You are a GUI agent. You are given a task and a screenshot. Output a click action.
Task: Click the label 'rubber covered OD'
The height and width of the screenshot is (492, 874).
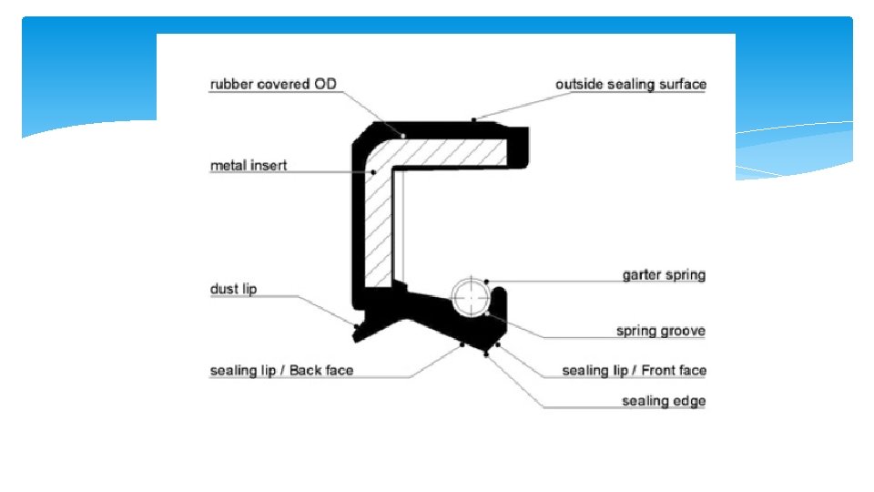tap(273, 85)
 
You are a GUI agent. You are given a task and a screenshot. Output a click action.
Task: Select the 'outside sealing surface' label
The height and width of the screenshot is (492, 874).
tap(630, 85)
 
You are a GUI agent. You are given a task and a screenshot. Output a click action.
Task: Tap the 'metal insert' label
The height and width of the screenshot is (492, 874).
tap(249, 166)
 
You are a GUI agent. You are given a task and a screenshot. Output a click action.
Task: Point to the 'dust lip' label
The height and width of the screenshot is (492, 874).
tap(233, 290)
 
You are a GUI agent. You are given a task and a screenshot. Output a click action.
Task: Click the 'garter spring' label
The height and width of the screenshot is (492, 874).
tap(664, 274)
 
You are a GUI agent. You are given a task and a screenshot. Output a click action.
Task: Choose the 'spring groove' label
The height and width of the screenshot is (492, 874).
tap(660, 331)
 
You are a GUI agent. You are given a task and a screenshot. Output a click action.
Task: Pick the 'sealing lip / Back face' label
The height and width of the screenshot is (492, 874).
tap(281, 371)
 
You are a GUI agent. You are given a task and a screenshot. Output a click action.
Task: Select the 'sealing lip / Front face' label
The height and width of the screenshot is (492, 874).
tap(634, 371)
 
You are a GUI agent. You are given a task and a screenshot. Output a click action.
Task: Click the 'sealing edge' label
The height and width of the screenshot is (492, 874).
tap(664, 401)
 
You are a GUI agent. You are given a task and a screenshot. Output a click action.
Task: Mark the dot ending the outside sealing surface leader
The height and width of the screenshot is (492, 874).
tap(473, 119)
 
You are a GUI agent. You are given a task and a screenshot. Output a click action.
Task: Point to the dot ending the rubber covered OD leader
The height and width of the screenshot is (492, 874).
tap(401, 134)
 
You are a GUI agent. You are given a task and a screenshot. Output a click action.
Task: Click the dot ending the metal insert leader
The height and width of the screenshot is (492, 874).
tap(373, 171)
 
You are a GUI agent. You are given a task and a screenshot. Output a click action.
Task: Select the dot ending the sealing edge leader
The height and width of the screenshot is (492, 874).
tap(487, 354)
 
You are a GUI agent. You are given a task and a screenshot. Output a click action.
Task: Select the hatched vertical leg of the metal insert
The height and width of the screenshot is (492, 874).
tap(381, 228)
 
